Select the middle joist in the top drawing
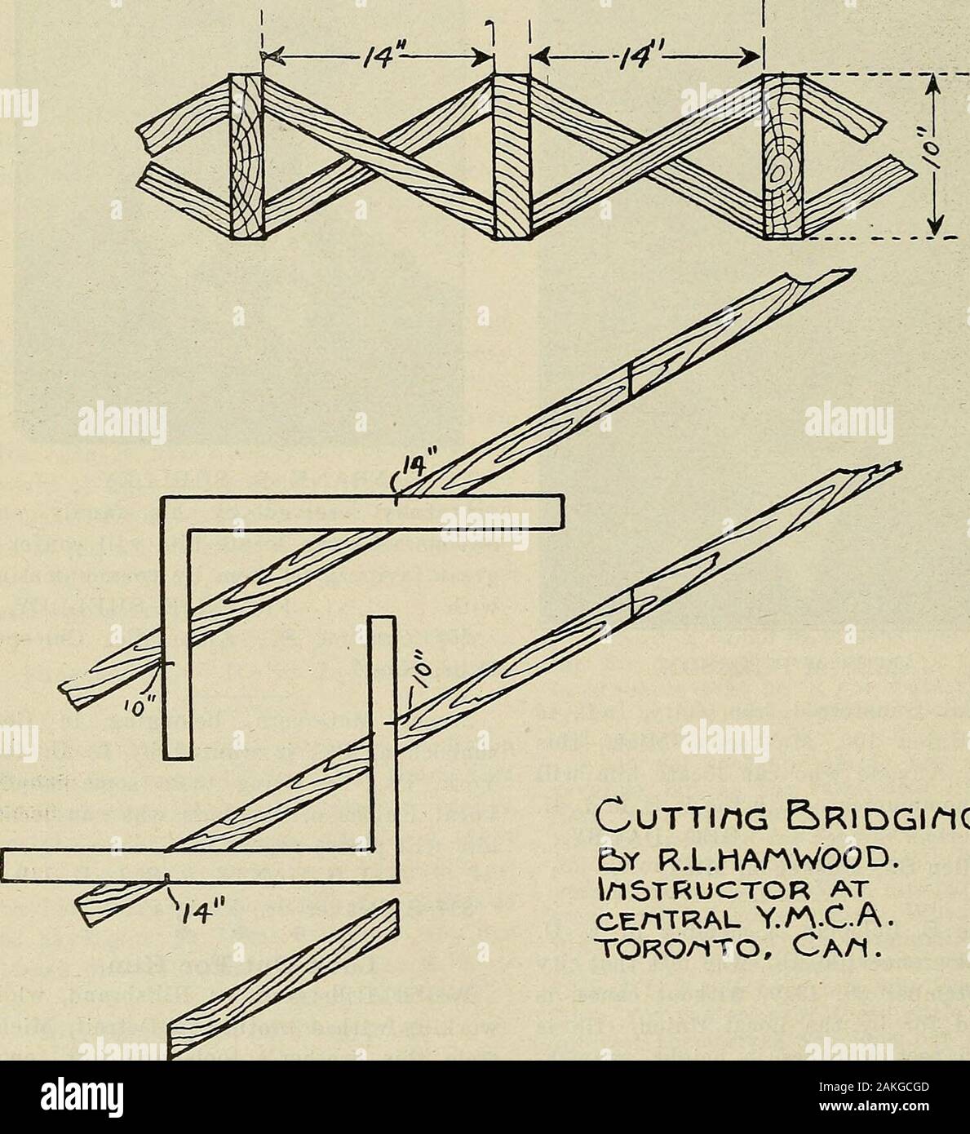511,157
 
